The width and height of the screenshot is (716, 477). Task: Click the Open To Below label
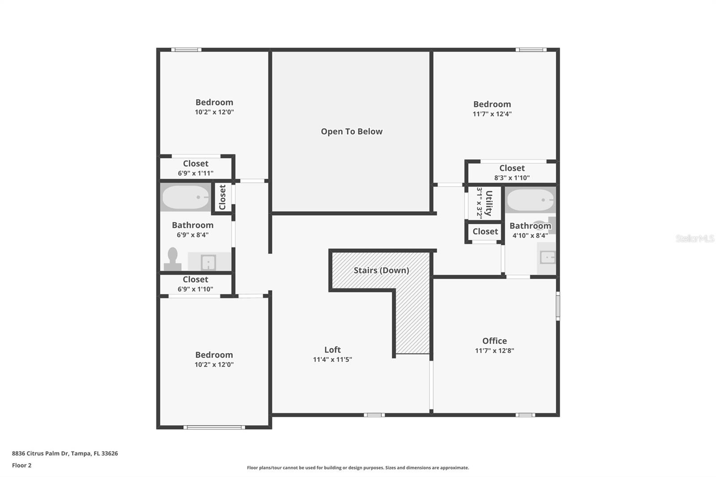click(351, 132)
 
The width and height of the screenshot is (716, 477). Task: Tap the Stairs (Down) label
click(381, 270)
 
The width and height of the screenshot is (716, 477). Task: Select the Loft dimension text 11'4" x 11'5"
click(332, 359)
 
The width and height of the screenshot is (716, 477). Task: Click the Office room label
click(494, 341)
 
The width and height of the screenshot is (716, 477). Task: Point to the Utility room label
click(489, 203)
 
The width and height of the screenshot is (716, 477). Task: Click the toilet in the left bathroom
click(172, 260)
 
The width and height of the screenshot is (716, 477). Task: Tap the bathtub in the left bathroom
click(185, 197)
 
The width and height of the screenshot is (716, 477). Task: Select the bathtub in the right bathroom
click(531, 200)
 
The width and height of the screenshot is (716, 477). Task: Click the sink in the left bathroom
click(209, 262)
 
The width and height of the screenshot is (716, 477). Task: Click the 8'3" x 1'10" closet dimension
click(512, 178)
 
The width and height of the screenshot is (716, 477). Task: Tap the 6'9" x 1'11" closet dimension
click(196, 173)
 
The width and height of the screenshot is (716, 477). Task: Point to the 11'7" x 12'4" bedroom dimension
click(492, 114)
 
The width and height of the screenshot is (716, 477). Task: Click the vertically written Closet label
click(222, 197)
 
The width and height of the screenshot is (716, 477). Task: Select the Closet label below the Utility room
click(485, 231)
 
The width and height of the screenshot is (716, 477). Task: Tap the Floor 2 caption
click(21, 465)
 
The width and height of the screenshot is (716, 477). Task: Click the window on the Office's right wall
click(558, 306)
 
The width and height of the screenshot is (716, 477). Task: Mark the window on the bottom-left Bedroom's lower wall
click(214, 427)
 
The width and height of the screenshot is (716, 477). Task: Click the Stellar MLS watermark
click(695, 238)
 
